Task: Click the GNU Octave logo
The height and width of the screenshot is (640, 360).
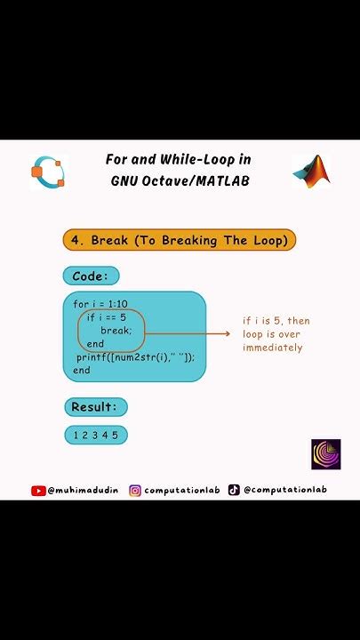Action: pyautogui.click(x=48, y=171)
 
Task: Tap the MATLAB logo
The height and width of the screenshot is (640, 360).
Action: pyautogui.click(x=312, y=171)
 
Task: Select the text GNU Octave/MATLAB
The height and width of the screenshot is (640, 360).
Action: pyautogui.click(x=180, y=180)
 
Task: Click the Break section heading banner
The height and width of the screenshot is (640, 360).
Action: pyautogui.click(x=179, y=240)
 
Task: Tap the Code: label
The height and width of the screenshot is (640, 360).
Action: pyautogui.click(x=91, y=276)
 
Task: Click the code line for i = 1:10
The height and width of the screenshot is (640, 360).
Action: pyautogui.click(x=100, y=304)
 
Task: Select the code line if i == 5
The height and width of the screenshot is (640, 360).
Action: pyautogui.click(x=107, y=317)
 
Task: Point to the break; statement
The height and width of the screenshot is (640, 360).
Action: pyautogui.click(x=116, y=331)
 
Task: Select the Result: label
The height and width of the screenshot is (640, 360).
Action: pyautogui.click(x=95, y=407)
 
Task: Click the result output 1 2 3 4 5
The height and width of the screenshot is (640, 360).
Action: pyautogui.click(x=96, y=435)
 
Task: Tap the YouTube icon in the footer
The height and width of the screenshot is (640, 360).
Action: pyautogui.click(x=38, y=490)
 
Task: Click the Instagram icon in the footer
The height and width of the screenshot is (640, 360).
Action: pyautogui.click(x=135, y=490)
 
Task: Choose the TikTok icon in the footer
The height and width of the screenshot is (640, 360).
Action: pyautogui.click(x=234, y=490)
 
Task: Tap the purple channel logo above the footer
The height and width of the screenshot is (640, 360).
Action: pyautogui.click(x=325, y=453)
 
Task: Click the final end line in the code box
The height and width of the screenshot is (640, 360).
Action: pyautogui.click(x=82, y=370)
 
